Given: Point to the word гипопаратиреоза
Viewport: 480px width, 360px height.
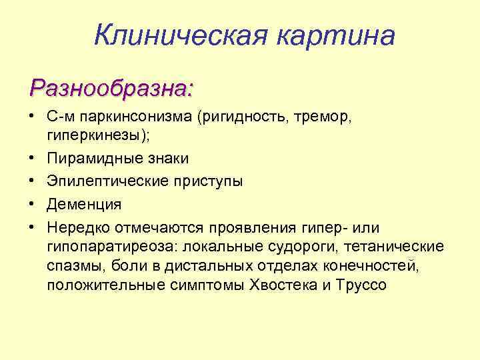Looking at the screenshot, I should click(109, 247).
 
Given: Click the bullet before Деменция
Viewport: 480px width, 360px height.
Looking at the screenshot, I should click(32, 203).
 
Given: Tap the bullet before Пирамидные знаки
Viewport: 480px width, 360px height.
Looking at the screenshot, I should click(32, 159).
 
